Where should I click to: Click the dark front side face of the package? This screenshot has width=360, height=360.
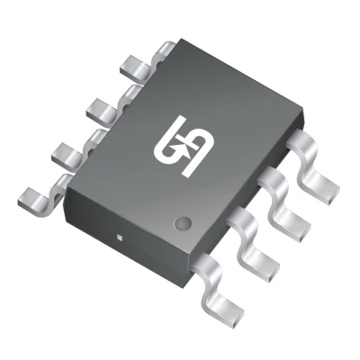(126, 225)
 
